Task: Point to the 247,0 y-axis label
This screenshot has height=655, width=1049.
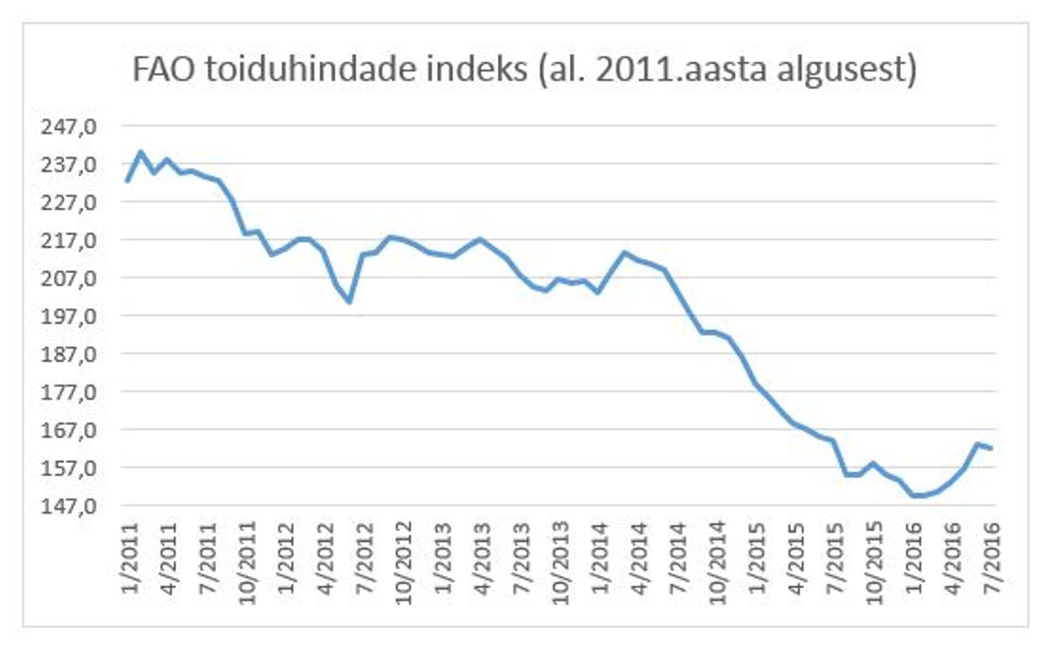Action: click(69, 127)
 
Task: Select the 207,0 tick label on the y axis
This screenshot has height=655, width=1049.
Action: click(69, 278)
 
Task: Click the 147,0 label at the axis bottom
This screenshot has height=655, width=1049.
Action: click(69, 506)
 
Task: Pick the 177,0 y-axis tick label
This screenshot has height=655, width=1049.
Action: click(69, 393)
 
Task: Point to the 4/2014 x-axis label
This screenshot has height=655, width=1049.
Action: click(639, 558)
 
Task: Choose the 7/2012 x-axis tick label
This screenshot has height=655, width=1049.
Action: click(365, 558)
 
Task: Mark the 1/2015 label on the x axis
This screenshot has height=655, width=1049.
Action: click(757, 558)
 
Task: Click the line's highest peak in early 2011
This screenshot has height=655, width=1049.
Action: click(140, 152)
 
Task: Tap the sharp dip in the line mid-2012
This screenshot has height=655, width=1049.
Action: click(349, 301)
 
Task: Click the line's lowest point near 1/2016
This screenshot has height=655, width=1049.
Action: click(914, 495)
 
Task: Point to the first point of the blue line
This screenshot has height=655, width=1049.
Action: click(127, 180)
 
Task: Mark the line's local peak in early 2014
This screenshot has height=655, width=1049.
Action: click(624, 253)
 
